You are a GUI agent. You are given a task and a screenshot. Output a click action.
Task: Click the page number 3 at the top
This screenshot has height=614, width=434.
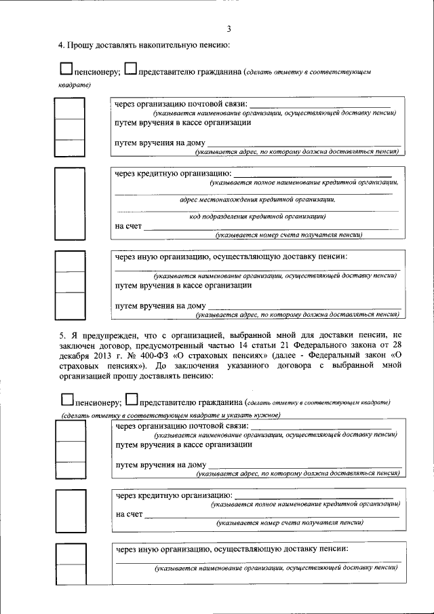point(229,28)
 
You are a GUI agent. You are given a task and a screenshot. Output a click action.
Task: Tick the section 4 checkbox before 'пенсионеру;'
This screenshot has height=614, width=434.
point(66,69)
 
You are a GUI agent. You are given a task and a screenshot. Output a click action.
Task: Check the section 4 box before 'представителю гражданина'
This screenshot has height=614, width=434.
point(131,69)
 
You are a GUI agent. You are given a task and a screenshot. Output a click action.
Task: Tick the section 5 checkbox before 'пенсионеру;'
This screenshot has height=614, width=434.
point(66,400)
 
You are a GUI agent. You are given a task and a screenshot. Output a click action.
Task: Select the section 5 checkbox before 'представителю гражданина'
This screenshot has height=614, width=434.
point(132,400)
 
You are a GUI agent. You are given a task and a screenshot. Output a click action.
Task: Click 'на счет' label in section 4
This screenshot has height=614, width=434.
point(128,226)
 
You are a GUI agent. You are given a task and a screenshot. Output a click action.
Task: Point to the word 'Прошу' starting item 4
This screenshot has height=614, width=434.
point(79,45)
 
